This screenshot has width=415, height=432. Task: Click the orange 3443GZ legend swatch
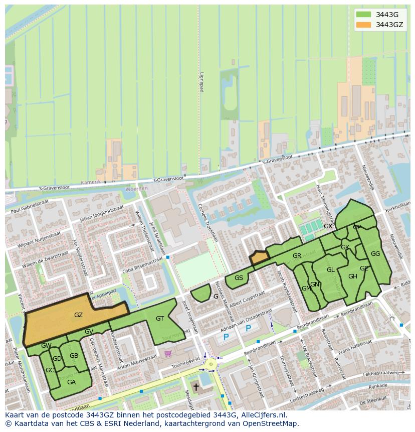(x=364, y=25)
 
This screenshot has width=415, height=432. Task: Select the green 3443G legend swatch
(x=364, y=14)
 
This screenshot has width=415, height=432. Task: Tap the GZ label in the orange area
(x=78, y=315)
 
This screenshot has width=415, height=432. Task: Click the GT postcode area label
(x=160, y=319)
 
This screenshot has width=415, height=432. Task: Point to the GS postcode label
(x=239, y=278)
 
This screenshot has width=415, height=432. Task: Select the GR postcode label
(x=297, y=256)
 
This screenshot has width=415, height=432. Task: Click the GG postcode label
(x=375, y=254)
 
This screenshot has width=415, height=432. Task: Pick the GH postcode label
(x=353, y=276)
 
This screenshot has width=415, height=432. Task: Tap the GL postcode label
(x=331, y=270)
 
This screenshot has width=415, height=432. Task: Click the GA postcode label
(x=71, y=382)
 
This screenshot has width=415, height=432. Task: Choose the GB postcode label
(x=74, y=356)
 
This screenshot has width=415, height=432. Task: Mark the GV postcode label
(x=89, y=332)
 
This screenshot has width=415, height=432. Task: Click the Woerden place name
(x=136, y=189)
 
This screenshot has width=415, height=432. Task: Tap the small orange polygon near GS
(x=259, y=258)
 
